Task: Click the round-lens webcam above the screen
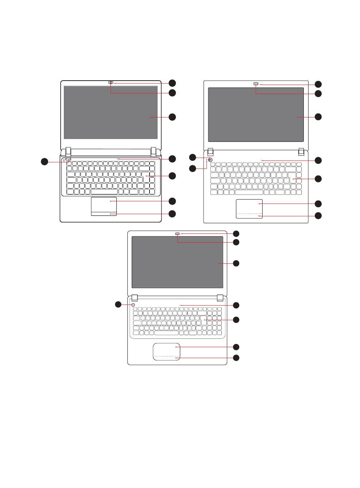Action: pyautogui.click(x=111, y=83)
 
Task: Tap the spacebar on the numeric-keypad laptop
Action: pyautogui.click(x=166, y=333)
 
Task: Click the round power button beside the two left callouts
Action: pyautogui.click(x=210, y=160)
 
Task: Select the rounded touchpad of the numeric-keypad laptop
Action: pyautogui.click(x=166, y=352)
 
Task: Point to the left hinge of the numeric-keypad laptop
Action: pyautogui.click(x=134, y=298)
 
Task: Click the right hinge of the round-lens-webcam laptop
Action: pyautogui.click(x=154, y=151)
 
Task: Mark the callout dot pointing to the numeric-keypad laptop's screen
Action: pyautogui.click(x=236, y=263)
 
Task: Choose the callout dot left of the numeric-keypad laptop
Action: pyautogui.click(x=118, y=304)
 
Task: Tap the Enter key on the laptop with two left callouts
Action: pyautogui.click(x=293, y=177)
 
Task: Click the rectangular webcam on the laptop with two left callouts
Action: pyautogui.click(x=256, y=84)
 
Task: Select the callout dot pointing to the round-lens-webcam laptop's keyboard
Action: pyautogui.click(x=172, y=176)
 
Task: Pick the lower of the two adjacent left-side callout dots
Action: pyautogui.click(x=193, y=168)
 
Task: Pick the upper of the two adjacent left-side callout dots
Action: pyautogui.click(x=193, y=157)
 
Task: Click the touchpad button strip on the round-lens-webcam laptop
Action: pyautogui.click(x=104, y=213)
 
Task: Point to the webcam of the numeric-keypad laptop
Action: pyautogui.click(x=178, y=233)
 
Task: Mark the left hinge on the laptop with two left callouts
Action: pyautogui.click(x=210, y=151)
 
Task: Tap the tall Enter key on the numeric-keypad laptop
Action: pyautogui.click(x=204, y=320)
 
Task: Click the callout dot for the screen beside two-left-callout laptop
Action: pyautogui.click(x=318, y=117)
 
